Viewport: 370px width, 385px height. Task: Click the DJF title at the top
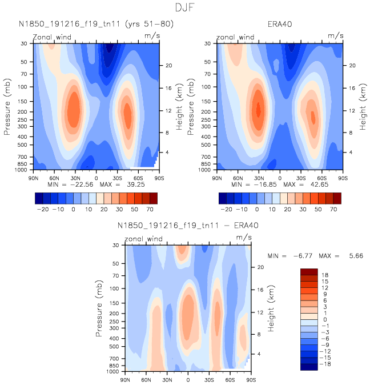(x=185, y=7)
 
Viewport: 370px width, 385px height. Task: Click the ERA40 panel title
(x=280, y=24)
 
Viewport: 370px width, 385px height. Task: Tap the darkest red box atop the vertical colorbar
(x=309, y=271)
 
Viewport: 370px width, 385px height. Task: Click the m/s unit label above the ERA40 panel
(x=335, y=35)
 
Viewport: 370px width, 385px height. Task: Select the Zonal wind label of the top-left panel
(x=52, y=38)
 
